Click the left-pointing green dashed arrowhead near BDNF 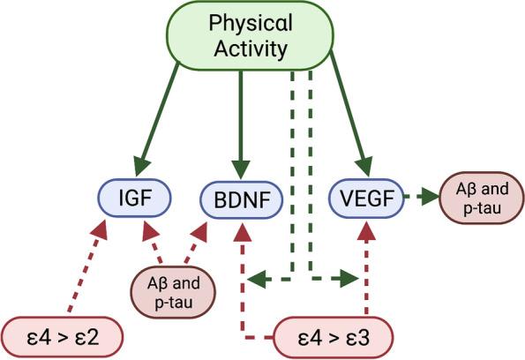click(x=256, y=281)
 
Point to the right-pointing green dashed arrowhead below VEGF click(x=348, y=281)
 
